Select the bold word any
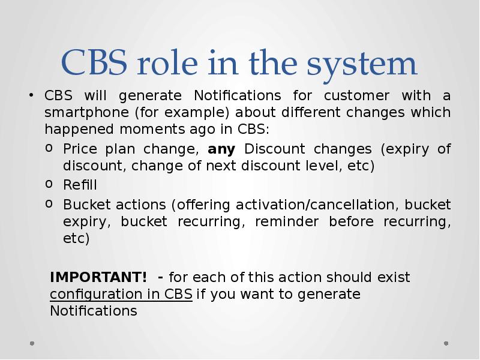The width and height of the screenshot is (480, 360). tap(221, 149)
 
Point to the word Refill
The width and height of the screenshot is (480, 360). tap(80, 185)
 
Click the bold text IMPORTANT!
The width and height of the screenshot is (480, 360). tap(98, 277)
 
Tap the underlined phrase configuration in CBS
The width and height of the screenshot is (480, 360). tap(121, 295)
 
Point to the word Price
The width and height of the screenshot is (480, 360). tap(79, 149)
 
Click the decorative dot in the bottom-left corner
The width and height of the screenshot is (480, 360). tap(32, 344)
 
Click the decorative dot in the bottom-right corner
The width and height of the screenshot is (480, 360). tap(446, 344)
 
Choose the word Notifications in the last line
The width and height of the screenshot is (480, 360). tap(94, 311)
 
